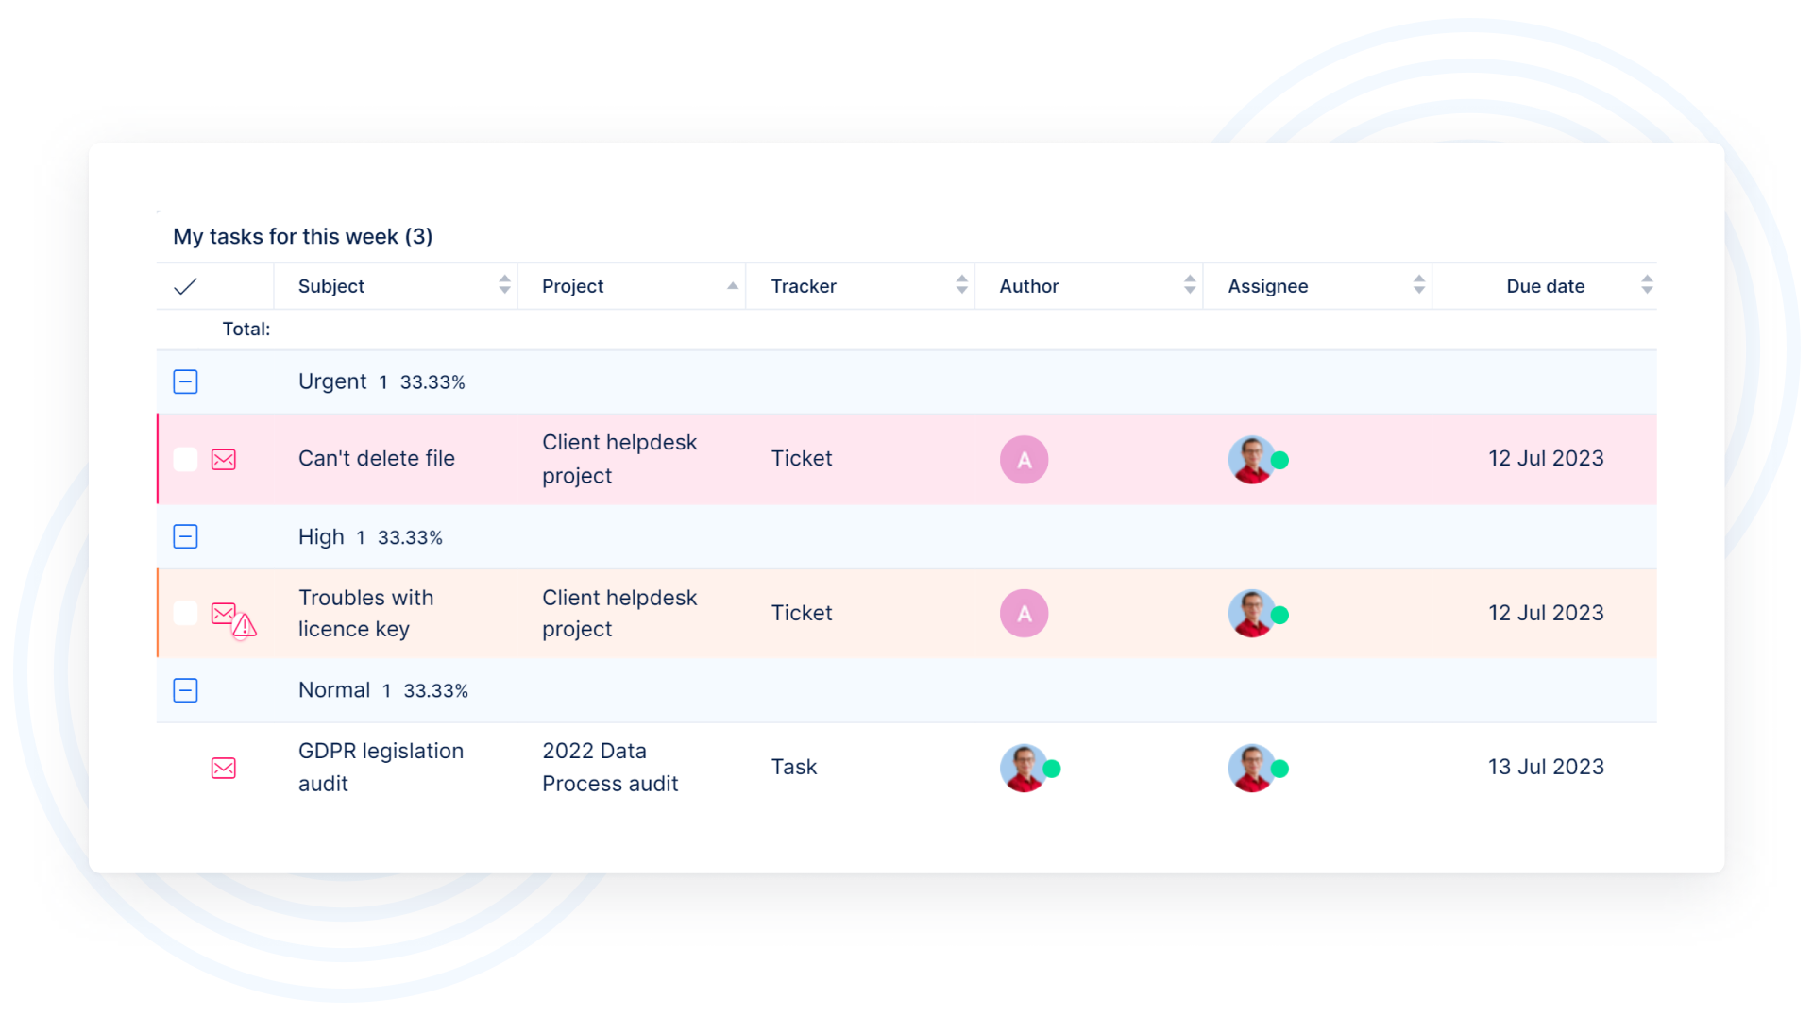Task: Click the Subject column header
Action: pyautogui.click(x=331, y=286)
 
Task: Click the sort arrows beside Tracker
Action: pyautogui.click(x=961, y=285)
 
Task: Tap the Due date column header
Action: pyautogui.click(x=1545, y=286)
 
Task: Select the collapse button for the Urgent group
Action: pyautogui.click(x=185, y=381)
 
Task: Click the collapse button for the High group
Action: pyautogui.click(x=185, y=536)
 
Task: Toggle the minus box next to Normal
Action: pyautogui.click(x=185, y=690)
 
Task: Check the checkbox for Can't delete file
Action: pyautogui.click(x=185, y=459)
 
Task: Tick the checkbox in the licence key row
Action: pyautogui.click(x=185, y=613)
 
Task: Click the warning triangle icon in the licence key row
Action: pyautogui.click(x=245, y=625)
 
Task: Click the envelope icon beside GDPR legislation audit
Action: pyautogui.click(x=224, y=768)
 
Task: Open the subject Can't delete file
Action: pyautogui.click(x=376, y=459)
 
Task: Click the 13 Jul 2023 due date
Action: pyautogui.click(x=1546, y=767)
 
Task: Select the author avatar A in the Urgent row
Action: pyautogui.click(x=1024, y=460)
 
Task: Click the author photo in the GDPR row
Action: pyautogui.click(x=1024, y=768)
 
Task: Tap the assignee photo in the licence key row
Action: pyautogui.click(x=1252, y=614)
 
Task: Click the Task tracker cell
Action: pyautogui.click(x=793, y=767)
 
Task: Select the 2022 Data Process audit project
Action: pyautogui.click(x=610, y=767)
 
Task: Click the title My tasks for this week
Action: pyautogui.click(x=302, y=236)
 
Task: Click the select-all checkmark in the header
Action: pyautogui.click(x=185, y=286)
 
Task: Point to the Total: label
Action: pyautogui.click(x=246, y=329)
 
